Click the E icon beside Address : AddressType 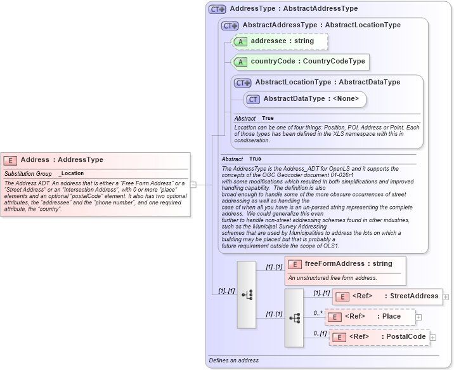[x=10, y=161]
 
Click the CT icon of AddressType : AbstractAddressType [x=217, y=9]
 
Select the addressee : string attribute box [x=280, y=41]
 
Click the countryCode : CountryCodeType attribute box [x=300, y=62]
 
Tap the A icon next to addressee [x=240, y=42]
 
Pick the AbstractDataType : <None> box [x=305, y=99]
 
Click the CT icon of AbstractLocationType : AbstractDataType [x=243, y=83]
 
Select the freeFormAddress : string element [x=346, y=264]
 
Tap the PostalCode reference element [x=379, y=337]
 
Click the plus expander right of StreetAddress [x=446, y=296]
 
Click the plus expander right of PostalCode [x=433, y=337]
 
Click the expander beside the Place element [x=418, y=317]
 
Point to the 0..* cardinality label [x=319, y=313]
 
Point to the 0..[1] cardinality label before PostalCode [x=320, y=333]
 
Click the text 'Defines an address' [x=234, y=360]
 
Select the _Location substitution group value [x=71, y=173]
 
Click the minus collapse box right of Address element [x=193, y=185]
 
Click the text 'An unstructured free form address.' [x=332, y=278]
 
